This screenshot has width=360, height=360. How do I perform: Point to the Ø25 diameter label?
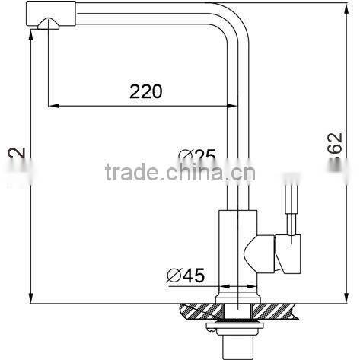197,157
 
